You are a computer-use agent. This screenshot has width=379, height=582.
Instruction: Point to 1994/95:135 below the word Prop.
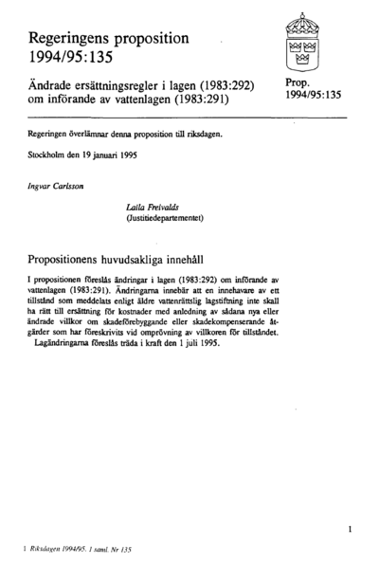[316, 98]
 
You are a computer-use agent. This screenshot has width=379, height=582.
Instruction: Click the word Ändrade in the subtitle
[53, 85]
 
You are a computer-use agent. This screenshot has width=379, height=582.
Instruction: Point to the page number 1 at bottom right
[352, 523]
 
